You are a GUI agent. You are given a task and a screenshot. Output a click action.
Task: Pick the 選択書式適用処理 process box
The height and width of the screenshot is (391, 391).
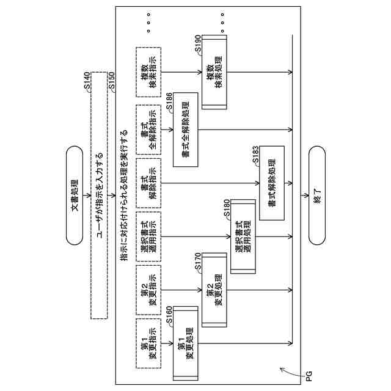point(243,236)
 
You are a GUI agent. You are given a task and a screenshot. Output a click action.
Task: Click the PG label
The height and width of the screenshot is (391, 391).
point(310,373)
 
